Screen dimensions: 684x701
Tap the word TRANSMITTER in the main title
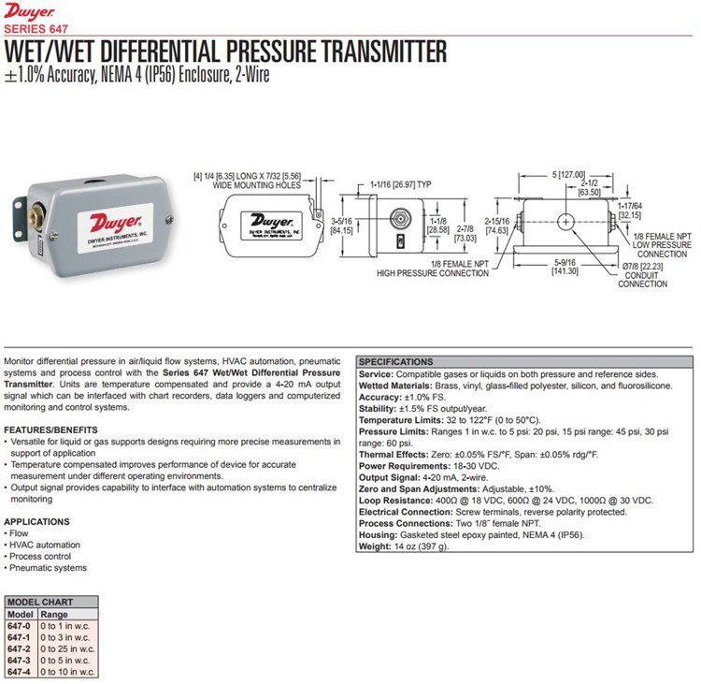coord(365,51)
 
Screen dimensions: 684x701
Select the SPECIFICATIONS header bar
coord(396,361)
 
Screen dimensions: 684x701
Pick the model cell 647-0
coord(20,625)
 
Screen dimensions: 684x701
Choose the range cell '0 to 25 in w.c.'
coord(67,648)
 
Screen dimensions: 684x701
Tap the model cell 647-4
coord(20,671)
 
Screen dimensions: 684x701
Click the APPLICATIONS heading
coord(37,521)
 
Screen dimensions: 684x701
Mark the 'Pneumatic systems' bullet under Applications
coord(48,568)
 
